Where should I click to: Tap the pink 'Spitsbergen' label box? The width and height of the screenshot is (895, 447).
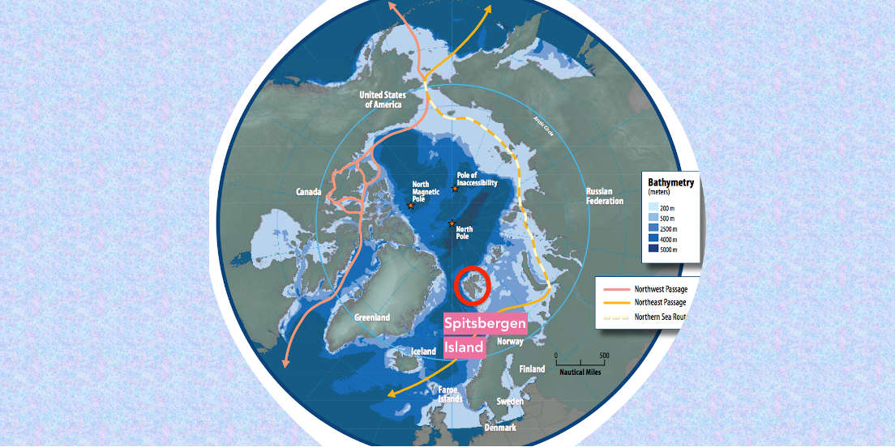click(486, 324)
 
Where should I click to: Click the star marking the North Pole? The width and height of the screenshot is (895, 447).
click(452, 223)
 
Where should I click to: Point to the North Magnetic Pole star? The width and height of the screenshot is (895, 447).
click(411, 206)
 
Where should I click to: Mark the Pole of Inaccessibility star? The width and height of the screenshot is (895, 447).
click(455, 189)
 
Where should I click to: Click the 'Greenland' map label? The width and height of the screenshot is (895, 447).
click(372, 317)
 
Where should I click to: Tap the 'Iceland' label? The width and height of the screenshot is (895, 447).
click(423, 351)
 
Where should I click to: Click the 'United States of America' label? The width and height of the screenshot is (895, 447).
click(388, 99)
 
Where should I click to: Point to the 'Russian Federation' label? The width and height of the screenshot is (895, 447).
click(605, 196)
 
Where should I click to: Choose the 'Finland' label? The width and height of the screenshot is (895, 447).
click(532, 369)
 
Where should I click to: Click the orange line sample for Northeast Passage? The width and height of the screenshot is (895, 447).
click(617, 303)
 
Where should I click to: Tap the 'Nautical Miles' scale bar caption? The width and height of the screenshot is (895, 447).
click(582, 372)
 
